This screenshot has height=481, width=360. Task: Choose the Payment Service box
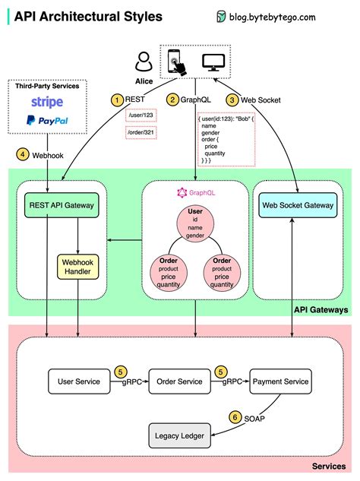(x=280, y=381)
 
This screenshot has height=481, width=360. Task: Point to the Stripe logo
(x=47, y=102)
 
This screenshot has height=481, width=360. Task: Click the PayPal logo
(x=47, y=119)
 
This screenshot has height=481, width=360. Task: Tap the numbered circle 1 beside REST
(x=117, y=99)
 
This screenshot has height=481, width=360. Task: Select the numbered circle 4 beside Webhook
(x=24, y=154)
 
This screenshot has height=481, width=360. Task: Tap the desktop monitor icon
(x=211, y=61)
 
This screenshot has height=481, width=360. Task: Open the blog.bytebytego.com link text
(x=297, y=16)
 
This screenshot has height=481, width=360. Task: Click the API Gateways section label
(x=321, y=309)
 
